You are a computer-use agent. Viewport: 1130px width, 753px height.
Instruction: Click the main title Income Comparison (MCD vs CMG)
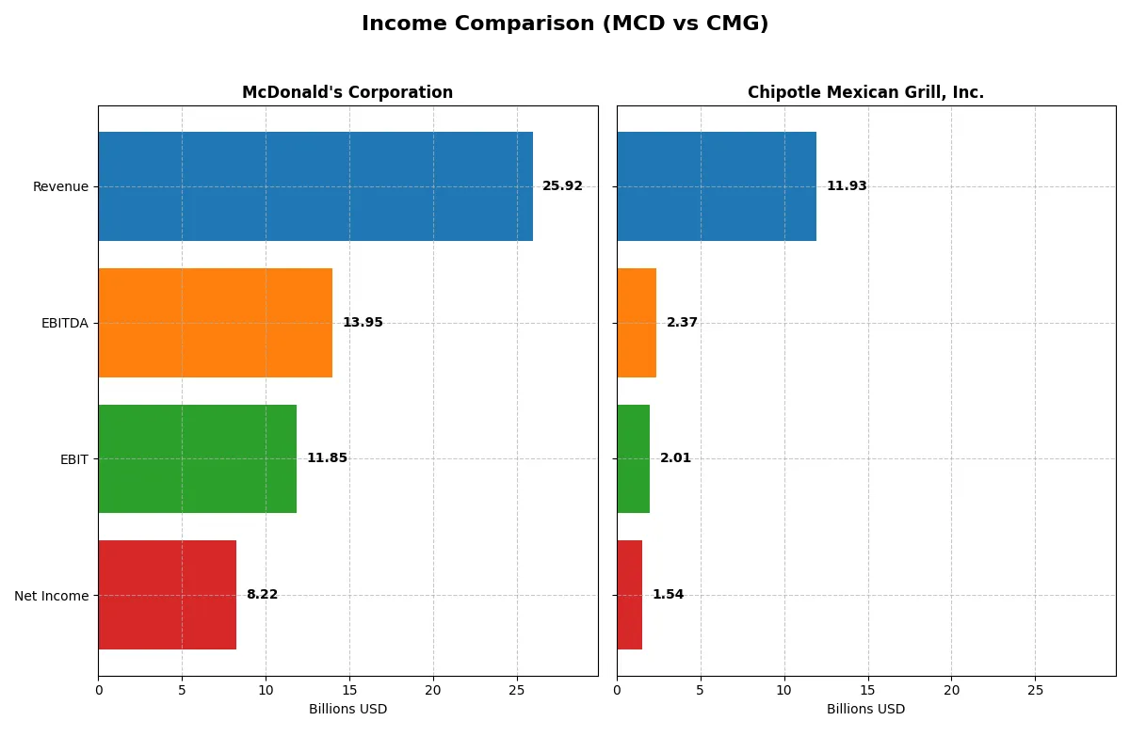[565, 24]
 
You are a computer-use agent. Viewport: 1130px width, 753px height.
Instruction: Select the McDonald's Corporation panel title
[347, 92]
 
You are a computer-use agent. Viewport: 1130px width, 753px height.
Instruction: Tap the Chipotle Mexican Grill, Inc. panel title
[865, 92]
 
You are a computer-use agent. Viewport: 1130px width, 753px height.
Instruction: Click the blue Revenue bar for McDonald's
[315, 186]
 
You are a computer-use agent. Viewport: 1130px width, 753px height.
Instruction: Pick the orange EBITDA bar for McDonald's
[215, 323]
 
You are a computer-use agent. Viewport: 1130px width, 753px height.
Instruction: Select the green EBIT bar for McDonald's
[198, 458]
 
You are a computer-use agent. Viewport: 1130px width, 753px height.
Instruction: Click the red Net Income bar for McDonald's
[167, 595]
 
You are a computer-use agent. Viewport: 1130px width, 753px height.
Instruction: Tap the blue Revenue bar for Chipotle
[717, 186]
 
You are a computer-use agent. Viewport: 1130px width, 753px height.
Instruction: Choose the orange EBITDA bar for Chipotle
[637, 323]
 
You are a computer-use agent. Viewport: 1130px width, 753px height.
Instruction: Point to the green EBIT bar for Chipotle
[634, 458]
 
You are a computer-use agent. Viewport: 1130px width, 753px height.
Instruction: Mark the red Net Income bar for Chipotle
[630, 595]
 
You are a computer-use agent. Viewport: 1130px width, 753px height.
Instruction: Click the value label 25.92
[562, 186]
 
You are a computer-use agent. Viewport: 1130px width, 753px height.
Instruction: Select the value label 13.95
[363, 323]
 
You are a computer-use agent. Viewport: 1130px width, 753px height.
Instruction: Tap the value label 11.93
[847, 186]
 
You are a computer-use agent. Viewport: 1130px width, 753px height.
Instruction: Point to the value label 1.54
[668, 595]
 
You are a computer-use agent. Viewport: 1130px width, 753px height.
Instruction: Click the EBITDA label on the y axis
[65, 323]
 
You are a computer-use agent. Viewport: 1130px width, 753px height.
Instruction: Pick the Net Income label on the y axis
[52, 596]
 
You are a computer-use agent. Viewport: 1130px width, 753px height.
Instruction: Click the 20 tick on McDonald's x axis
[432, 690]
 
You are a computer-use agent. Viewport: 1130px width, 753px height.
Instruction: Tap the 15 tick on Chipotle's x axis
[867, 690]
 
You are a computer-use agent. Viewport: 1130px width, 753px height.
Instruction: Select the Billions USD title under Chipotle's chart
[865, 710]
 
